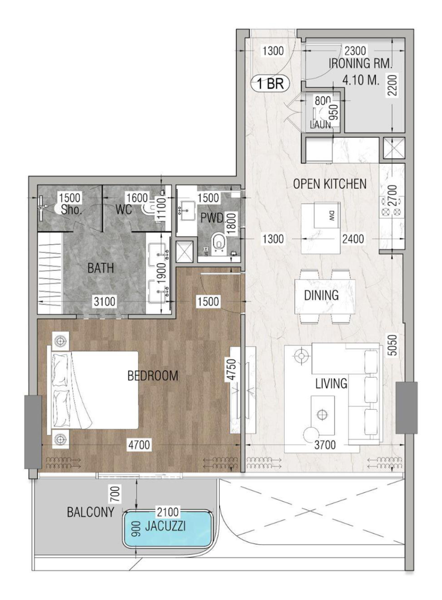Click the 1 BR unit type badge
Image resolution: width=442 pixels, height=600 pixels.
(x=270, y=84)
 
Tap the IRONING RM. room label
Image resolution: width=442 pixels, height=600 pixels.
(x=360, y=64)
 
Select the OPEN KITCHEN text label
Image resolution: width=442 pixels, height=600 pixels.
(x=330, y=184)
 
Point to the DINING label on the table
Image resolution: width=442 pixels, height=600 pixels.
(x=321, y=295)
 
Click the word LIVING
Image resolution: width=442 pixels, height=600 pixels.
(x=331, y=383)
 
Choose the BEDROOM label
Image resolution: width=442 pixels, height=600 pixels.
(x=153, y=376)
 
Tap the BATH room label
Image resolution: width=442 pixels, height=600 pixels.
(x=101, y=268)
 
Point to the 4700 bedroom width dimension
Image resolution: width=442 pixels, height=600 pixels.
(x=139, y=445)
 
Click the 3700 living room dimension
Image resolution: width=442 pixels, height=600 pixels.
(x=325, y=445)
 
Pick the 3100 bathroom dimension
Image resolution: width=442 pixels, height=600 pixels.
(x=105, y=302)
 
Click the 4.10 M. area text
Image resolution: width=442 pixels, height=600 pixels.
(x=361, y=80)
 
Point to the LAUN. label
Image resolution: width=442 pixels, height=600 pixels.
(x=321, y=125)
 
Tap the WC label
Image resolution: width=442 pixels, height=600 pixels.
(x=124, y=210)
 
